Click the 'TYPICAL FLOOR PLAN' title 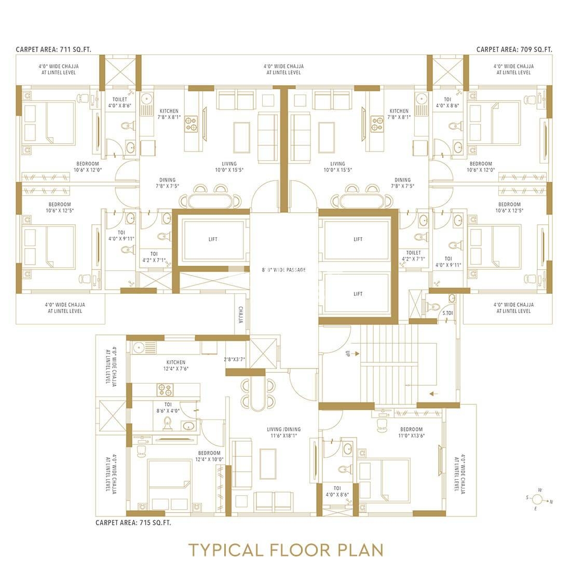point(286,550)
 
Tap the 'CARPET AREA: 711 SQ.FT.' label point(53,49)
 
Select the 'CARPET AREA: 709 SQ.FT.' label point(514,49)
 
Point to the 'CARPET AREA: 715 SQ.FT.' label point(133,523)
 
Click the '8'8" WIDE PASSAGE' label point(283,270)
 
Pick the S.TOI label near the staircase point(447,313)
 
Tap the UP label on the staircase point(347,353)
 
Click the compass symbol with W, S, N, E point(539,499)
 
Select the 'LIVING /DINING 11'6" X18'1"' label point(283,432)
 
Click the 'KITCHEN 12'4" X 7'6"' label point(176,365)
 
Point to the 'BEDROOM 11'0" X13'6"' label point(412,432)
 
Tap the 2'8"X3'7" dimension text point(234,359)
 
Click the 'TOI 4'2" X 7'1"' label point(154,257)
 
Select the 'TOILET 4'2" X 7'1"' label point(413,255)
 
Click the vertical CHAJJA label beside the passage point(241,315)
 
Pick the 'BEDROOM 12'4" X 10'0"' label point(209,456)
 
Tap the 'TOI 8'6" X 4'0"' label point(168,407)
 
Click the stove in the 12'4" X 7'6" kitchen point(165,390)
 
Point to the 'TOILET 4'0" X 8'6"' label point(120,102)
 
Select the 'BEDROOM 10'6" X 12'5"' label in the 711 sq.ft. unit point(60,207)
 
